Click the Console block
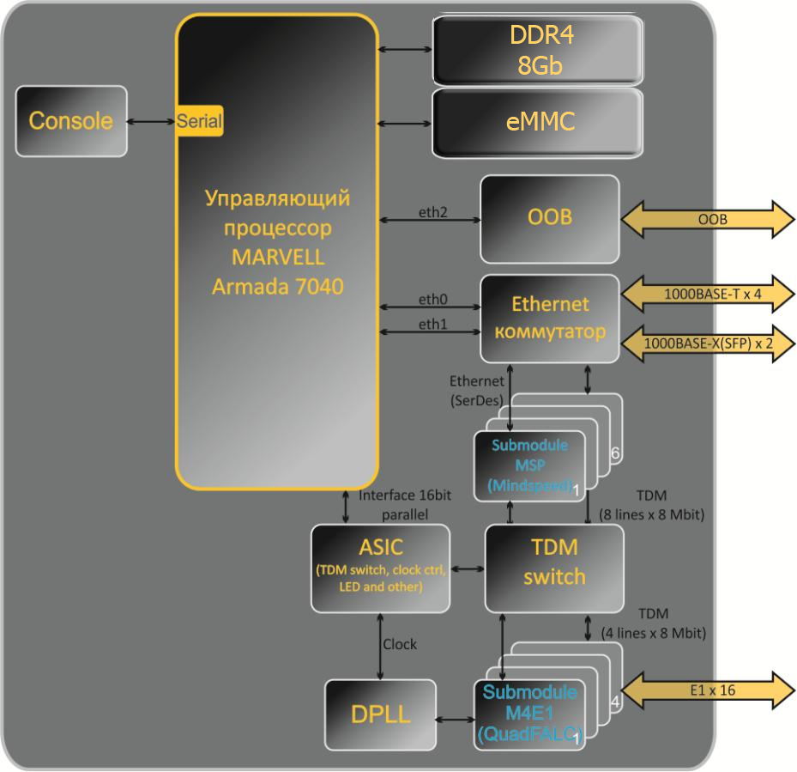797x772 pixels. click(x=70, y=120)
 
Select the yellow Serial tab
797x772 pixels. click(x=200, y=121)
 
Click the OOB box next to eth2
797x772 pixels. click(x=549, y=218)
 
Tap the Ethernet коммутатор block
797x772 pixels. click(x=549, y=318)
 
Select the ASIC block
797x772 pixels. click(x=379, y=568)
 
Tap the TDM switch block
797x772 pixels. click(x=553, y=568)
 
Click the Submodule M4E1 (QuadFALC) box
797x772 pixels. click(x=528, y=714)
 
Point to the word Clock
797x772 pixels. click(x=400, y=644)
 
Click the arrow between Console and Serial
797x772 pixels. click(x=151, y=121)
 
